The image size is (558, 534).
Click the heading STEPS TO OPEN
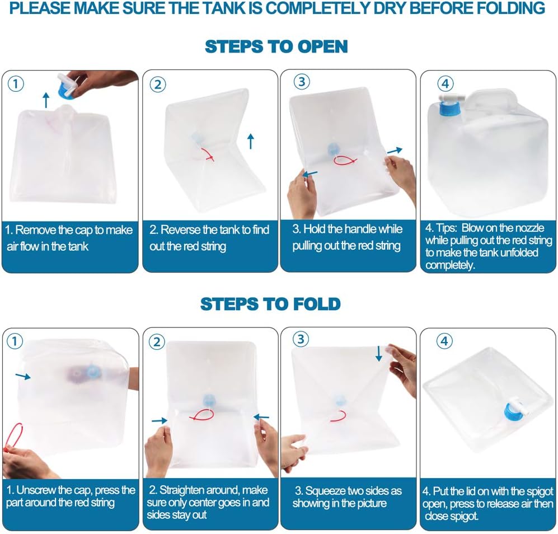[x=276, y=46]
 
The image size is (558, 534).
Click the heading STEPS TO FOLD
[x=270, y=304]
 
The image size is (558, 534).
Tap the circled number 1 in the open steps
[x=16, y=84]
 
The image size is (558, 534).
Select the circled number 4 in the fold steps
[x=444, y=341]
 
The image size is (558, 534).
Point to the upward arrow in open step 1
[x=46, y=100]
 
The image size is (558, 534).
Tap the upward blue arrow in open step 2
[x=251, y=141]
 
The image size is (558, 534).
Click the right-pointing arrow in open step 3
[x=395, y=151]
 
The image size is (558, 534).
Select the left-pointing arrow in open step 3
[x=310, y=174]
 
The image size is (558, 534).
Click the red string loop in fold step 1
[x=13, y=437]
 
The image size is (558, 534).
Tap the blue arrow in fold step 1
[x=23, y=376]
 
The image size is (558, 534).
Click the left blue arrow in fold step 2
[x=160, y=421]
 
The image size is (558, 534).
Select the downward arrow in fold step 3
[x=379, y=353]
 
